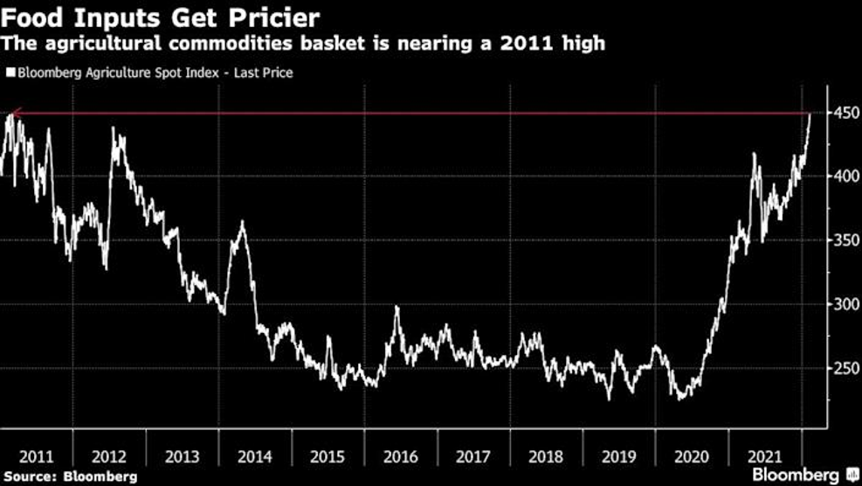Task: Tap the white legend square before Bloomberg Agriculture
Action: point(10,73)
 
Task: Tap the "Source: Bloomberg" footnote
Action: point(69,476)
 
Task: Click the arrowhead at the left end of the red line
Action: point(10,113)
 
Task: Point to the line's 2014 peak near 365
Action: point(241,223)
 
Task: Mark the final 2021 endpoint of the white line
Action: point(810,114)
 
